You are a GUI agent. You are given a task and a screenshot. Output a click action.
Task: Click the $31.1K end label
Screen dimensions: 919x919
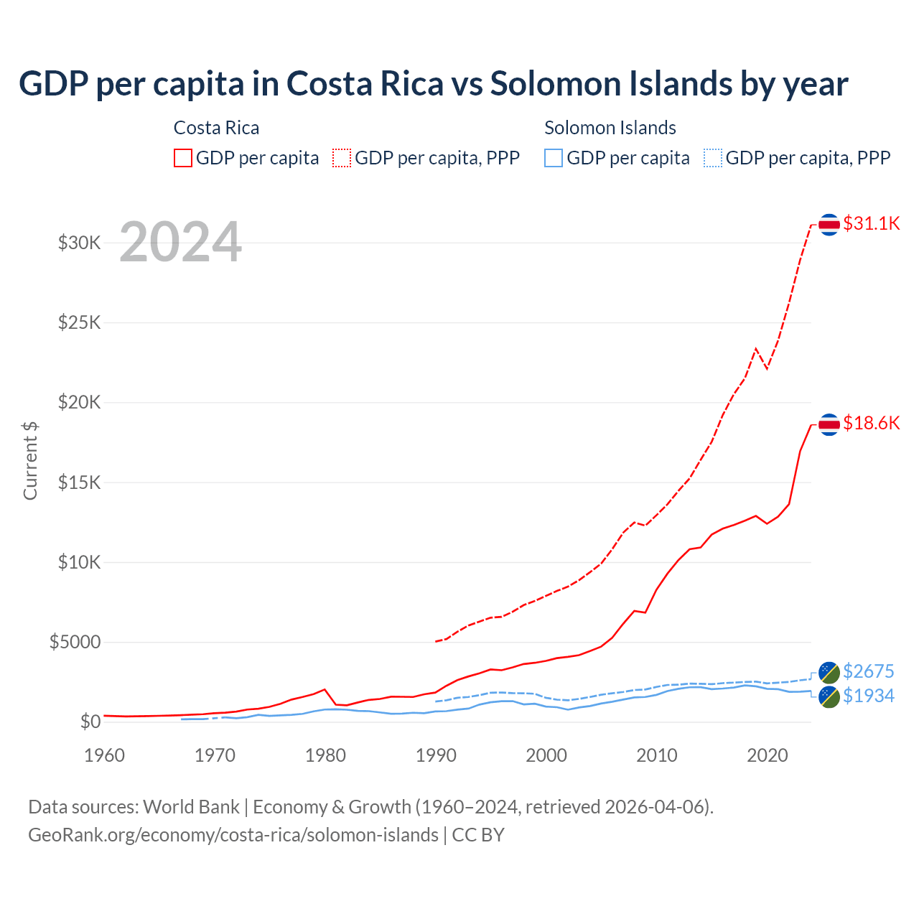871,223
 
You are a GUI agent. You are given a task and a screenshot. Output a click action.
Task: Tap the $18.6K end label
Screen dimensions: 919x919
871,423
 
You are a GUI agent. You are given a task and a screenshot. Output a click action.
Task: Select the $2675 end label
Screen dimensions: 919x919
868,671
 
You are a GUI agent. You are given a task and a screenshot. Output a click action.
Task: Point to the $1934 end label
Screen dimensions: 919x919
868,696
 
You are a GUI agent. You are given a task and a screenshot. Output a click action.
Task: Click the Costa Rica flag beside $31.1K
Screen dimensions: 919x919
829,225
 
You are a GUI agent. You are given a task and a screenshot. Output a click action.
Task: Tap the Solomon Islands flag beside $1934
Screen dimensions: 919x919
829,696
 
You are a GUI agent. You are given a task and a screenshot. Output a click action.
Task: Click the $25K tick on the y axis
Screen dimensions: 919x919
80,322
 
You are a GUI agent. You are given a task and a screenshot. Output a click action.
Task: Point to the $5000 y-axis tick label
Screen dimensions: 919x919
75,642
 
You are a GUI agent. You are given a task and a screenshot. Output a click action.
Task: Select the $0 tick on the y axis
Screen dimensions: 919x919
90,722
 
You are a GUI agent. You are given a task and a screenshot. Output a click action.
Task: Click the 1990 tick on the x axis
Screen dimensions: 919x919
436,755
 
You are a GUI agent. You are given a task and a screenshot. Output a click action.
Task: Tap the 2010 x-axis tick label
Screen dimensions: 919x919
657,755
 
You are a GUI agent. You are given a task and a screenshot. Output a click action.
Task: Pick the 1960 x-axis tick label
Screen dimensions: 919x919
105,755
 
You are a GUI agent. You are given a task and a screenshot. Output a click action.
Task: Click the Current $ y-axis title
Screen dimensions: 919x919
30,461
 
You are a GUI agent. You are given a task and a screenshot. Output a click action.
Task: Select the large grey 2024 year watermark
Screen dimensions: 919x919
180,242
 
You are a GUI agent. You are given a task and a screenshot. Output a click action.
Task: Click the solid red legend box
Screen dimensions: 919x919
183,158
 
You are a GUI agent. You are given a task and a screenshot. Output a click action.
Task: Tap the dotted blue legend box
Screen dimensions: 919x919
712,158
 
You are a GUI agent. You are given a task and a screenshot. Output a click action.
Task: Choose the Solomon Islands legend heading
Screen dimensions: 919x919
610,128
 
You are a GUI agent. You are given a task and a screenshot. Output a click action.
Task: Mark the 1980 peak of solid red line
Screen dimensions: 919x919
325,689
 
